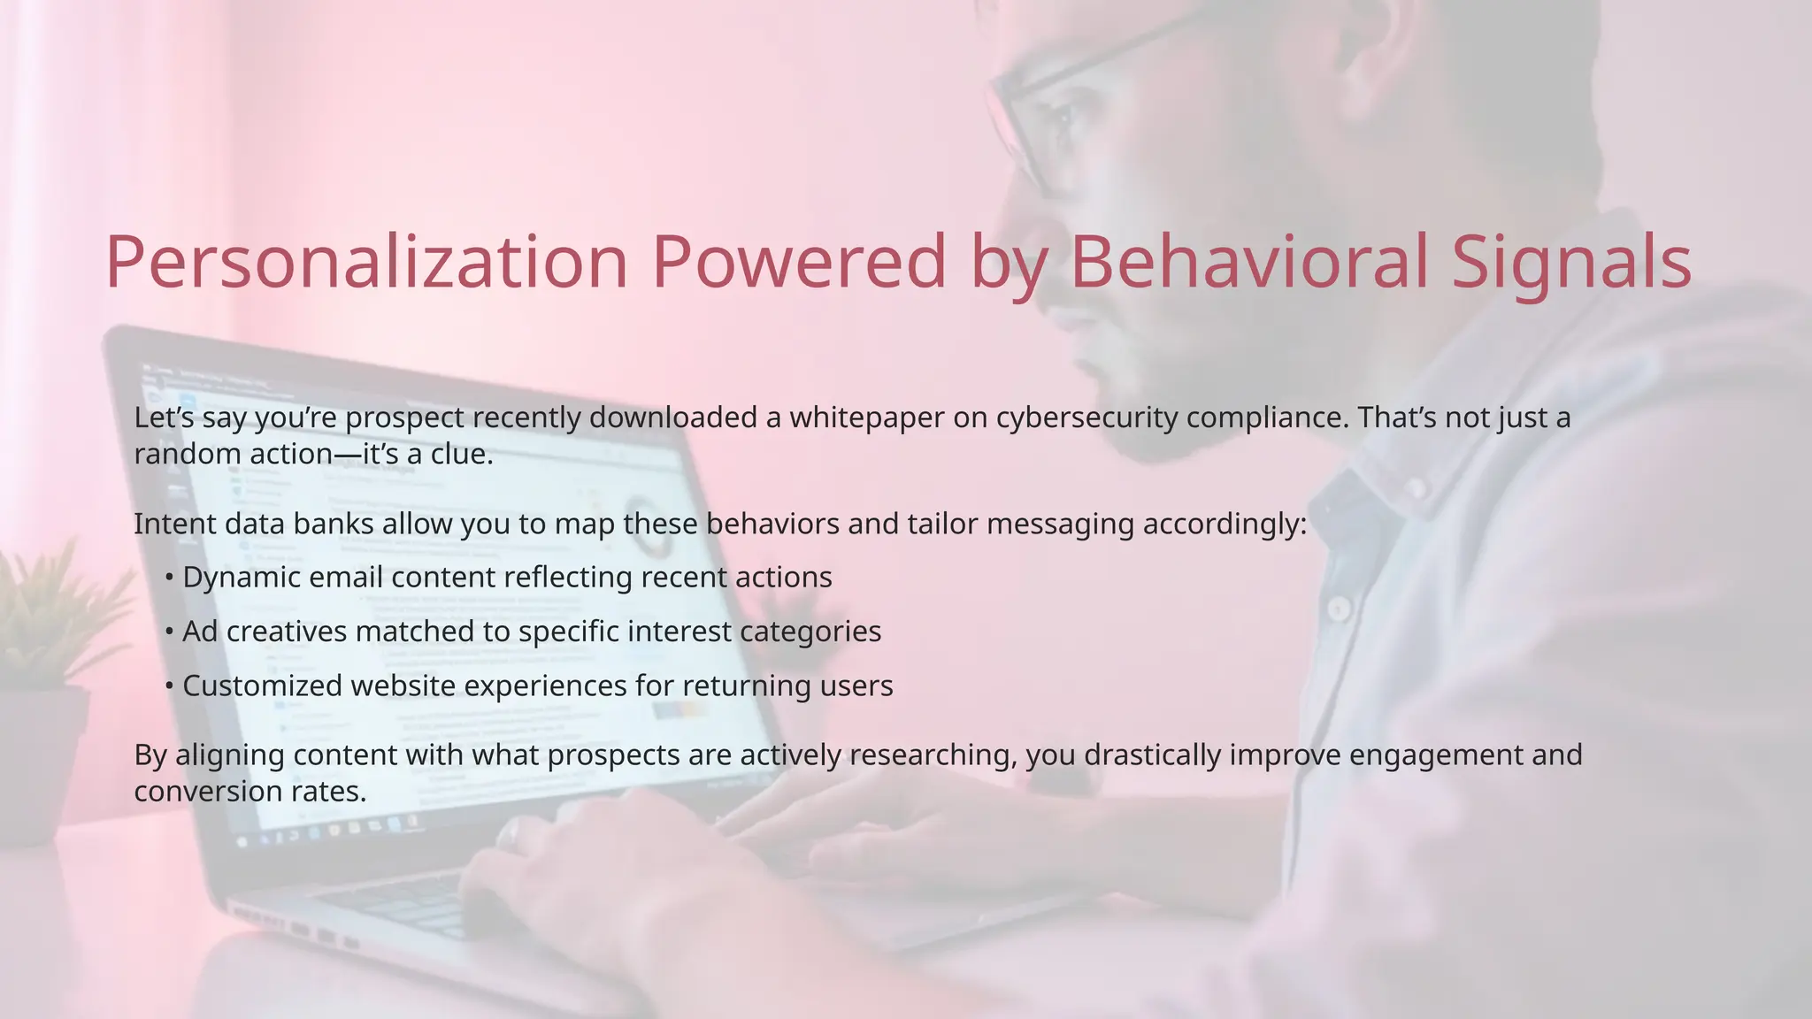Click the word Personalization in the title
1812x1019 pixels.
[x=366, y=263]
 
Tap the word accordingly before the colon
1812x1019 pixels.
[x=1220, y=525]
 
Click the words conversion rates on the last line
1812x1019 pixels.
[x=250, y=791]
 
